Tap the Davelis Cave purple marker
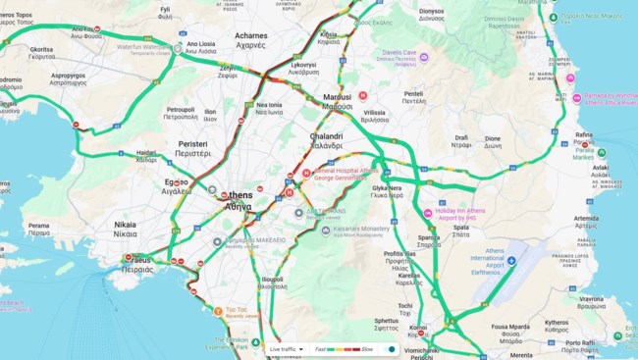coord(424,57)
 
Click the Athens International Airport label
coord(502,258)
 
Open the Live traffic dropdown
coord(286,348)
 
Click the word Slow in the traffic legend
coord(367,348)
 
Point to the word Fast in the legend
coord(320,348)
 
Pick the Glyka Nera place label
coord(387,191)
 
